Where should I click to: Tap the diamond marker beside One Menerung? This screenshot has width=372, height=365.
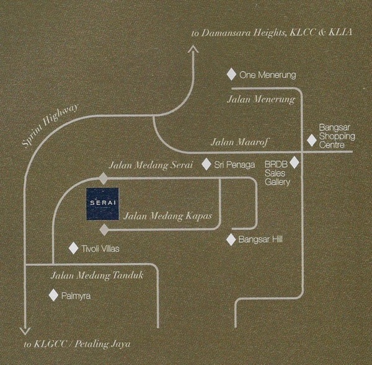click(231, 74)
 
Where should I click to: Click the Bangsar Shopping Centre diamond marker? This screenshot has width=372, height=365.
click(311, 141)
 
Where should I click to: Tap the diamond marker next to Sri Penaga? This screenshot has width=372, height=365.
click(206, 165)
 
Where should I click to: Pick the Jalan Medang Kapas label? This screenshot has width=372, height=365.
click(169, 216)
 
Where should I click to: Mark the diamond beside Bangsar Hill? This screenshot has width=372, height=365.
click(231, 239)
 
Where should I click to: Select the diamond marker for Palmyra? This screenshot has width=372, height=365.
click(53, 296)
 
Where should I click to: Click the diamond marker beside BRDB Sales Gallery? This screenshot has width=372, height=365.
click(295, 162)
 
